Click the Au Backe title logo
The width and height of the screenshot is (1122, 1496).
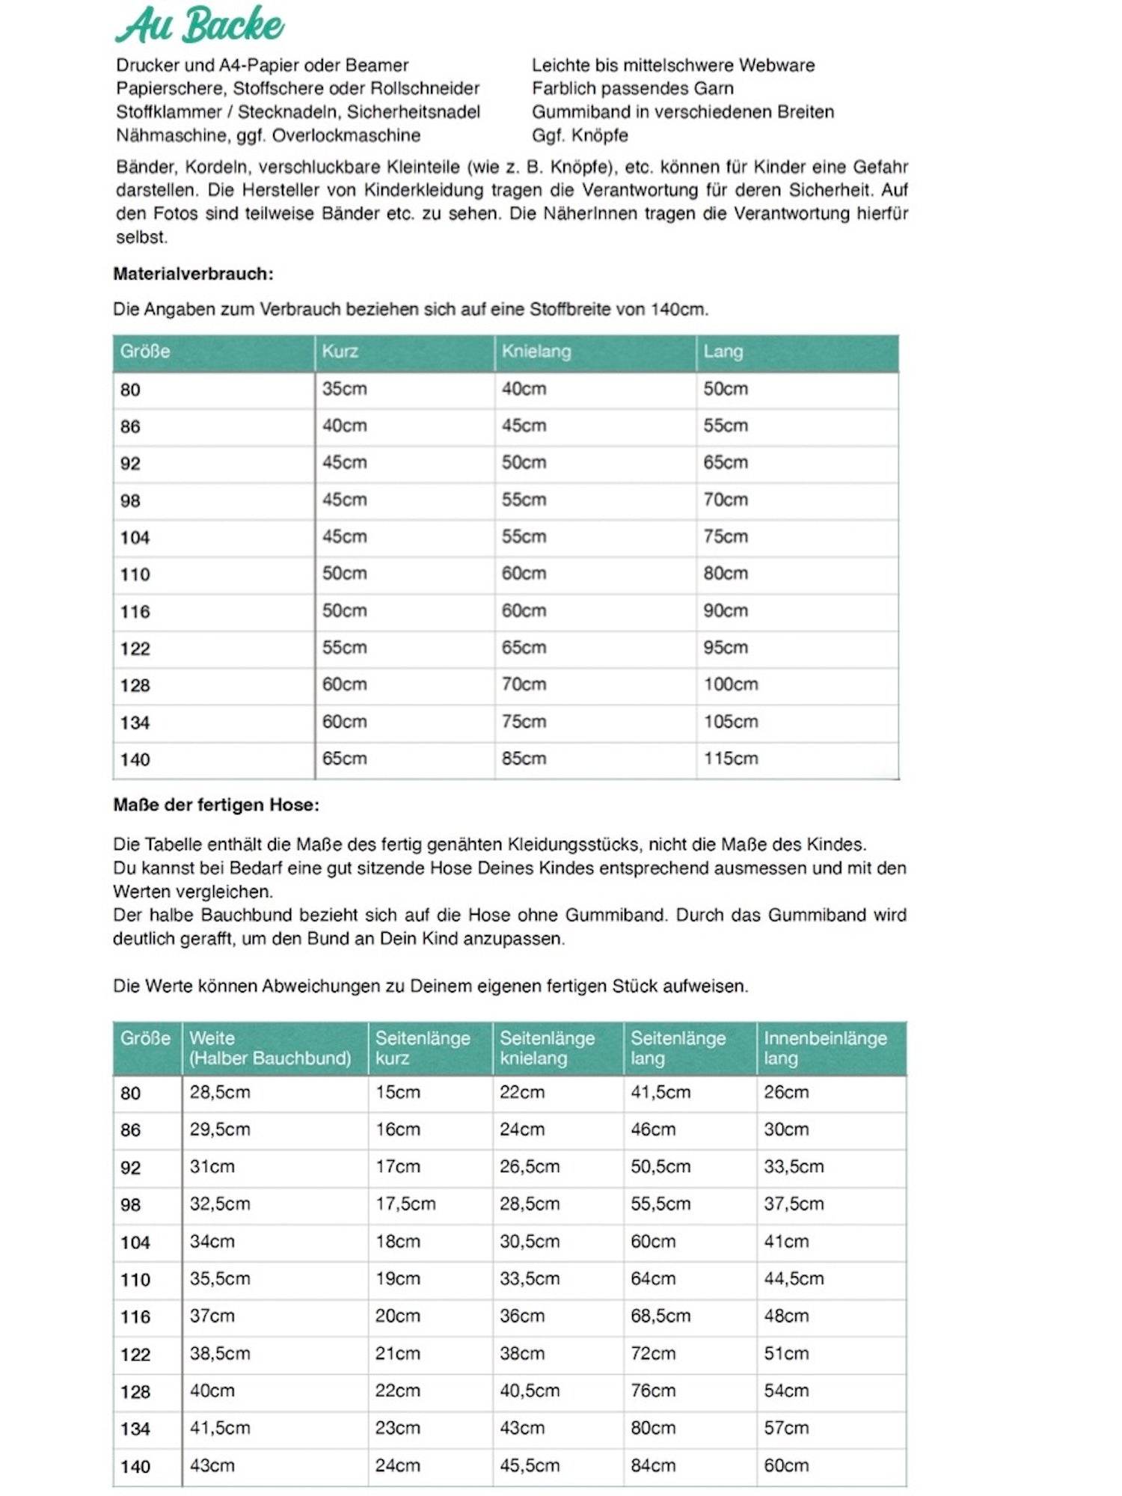(x=200, y=25)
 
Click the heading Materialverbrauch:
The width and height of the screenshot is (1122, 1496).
(x=193, y=274)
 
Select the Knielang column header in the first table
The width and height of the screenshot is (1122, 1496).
(x=536, y=352)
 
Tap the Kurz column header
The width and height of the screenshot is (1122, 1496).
(x=340, y=352)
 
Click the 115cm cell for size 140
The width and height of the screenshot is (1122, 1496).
(x=730, y=758)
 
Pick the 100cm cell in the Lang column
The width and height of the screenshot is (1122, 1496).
(x=730, y=684)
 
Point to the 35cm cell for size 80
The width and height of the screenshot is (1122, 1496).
(x=344, y=389)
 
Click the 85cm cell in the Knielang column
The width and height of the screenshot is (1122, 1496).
(x=524, y=758)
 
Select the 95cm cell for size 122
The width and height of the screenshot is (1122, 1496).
(x=725, y=648)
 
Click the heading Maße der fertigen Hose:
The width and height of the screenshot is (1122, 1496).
(x=216, y=805)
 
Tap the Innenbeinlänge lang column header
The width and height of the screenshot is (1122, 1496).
(x=824, y=1048)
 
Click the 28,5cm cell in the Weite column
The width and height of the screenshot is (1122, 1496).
(x=219, y=1092)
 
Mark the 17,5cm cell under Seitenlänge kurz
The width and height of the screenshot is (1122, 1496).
(x=405, y=1204)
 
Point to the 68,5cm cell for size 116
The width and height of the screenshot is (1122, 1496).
(x=660, y=1316)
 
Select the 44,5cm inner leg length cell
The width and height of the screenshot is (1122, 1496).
(x=793, y=1279)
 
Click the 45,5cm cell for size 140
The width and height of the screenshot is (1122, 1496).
(x=529, y=1465)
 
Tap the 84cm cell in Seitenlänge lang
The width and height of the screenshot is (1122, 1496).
(x=652, y=1465)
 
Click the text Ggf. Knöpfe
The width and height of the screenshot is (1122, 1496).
(x=580, y=135)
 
